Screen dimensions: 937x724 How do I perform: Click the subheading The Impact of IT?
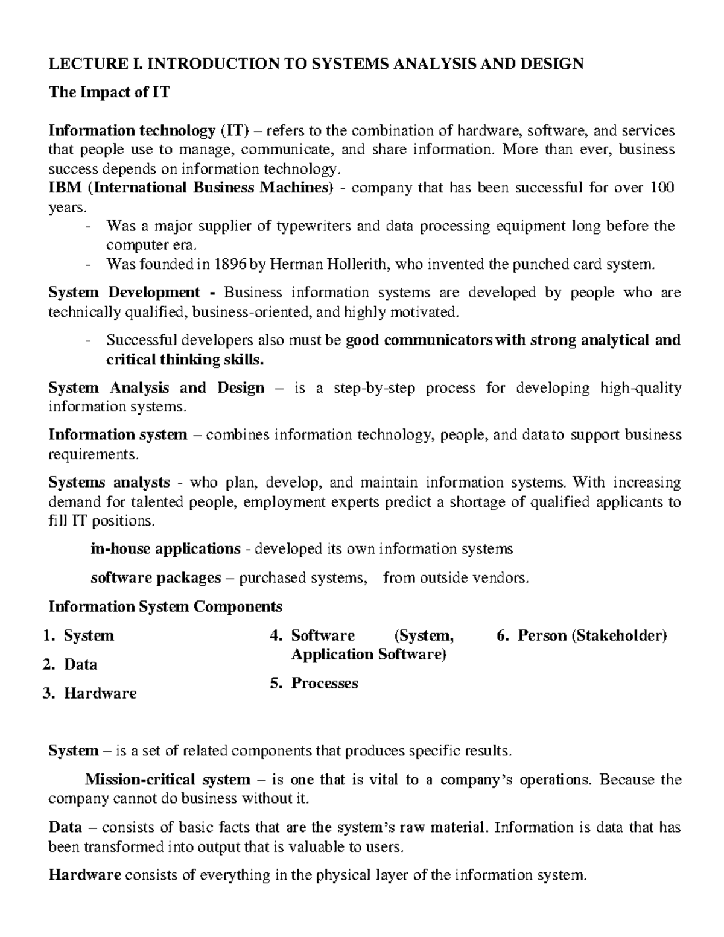point(109,92)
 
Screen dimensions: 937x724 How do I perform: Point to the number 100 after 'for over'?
point(662,188)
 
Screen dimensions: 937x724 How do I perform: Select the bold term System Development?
point(124,293)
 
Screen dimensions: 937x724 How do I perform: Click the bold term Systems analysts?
point(109,483)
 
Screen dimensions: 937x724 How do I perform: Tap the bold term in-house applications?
point(165,549)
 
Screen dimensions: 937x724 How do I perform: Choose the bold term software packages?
point(156,578)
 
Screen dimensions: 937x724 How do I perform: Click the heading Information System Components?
point(165,606)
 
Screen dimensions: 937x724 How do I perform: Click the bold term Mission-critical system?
point(167,780)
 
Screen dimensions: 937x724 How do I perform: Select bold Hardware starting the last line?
point(84,875)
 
